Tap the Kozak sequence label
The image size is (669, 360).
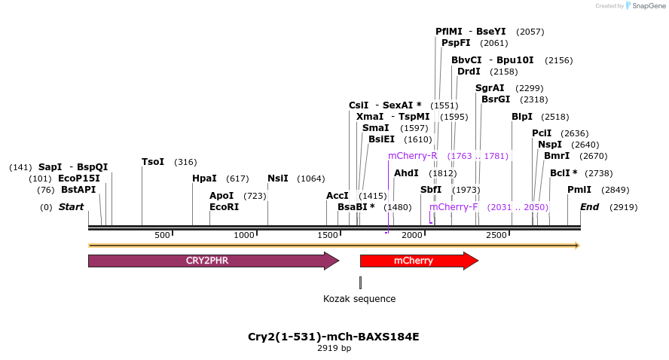tap(359, 299)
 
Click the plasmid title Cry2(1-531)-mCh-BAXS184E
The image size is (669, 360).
tap(334, 337)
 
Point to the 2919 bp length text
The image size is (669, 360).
tap(334, 349)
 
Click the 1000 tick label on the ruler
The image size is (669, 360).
tap(246, 236)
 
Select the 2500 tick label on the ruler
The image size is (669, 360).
tap(496, 236)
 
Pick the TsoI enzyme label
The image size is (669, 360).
tap(153, 162)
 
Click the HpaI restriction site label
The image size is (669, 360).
tap(204, 178)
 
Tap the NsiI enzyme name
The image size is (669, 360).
tap(278, 178)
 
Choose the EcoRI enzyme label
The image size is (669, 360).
tap(224, 207)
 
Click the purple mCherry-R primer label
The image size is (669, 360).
tap(413, 156)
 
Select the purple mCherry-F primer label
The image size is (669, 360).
tap(454, 207)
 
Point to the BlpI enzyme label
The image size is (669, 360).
tap(522, 117)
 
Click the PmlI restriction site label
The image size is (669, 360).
tap(579, 190)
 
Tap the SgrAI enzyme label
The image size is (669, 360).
tap(490, 88)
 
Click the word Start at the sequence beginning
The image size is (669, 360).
tap(71, 207)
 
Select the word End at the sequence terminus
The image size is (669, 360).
tap(590, 207)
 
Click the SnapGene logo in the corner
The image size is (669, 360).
tap(643, 6)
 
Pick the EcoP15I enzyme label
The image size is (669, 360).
tap(79, 178)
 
